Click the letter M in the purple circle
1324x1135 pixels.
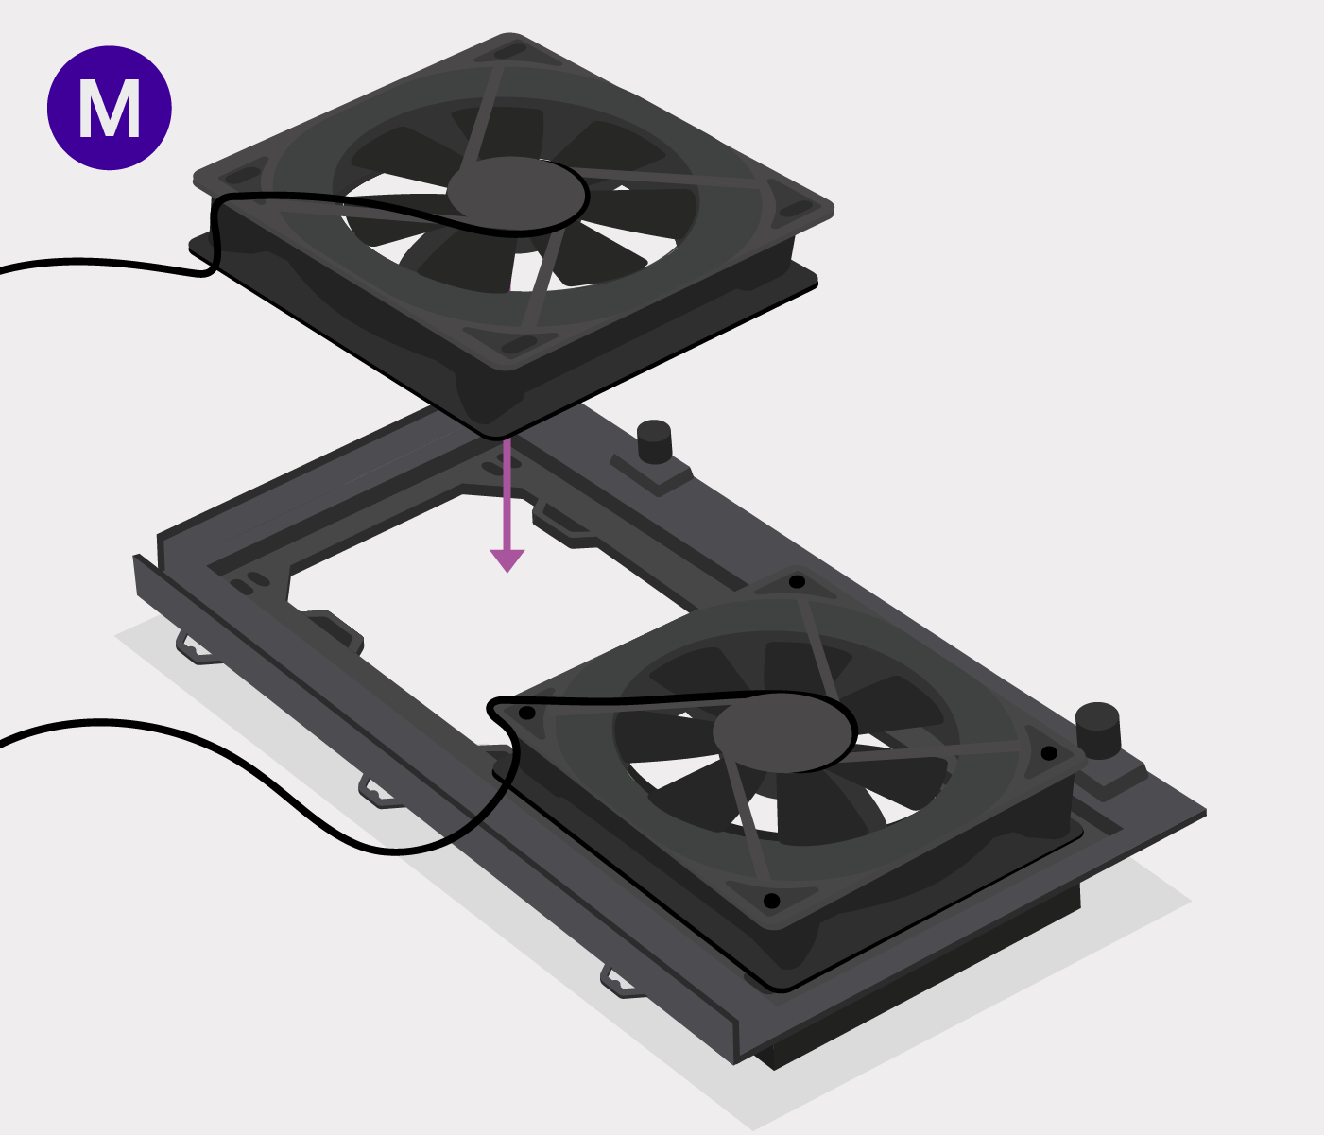(110, 109)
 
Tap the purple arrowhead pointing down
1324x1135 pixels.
(507, 560)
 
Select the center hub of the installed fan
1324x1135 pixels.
(784, 731)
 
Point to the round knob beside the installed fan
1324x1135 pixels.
(1098, 731)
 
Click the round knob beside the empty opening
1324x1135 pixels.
(654, 442)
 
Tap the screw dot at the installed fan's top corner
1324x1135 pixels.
(797, 581)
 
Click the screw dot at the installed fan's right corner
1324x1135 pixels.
(1049, 753)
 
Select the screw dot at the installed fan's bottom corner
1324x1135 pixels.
(772, 901)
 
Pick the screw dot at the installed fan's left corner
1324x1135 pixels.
(526, 713)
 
